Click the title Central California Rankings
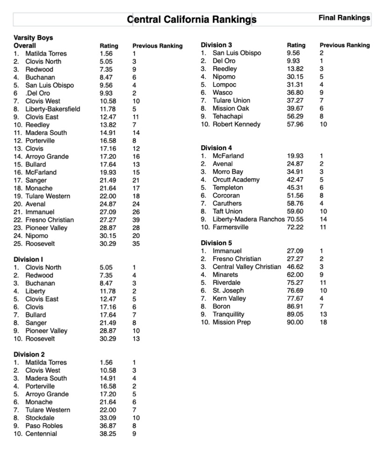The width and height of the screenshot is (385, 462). [192, 20]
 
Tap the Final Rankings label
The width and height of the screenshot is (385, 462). [344, 18]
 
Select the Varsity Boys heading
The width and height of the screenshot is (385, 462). [33, 38]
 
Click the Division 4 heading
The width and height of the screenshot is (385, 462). [216, 148]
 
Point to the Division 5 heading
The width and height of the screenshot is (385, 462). [216, 243]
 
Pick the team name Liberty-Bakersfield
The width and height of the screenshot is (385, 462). [53, 109]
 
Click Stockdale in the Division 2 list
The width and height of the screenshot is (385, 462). [40, 418]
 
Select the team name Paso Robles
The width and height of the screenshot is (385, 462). [44, 426]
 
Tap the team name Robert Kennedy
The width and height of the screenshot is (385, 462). [236, 125]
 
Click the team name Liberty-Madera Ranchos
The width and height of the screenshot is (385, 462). [248, 219]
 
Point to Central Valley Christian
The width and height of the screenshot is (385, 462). [247, 267]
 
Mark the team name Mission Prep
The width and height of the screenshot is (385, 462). [231, 322]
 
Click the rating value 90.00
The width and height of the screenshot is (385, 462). [294, 322]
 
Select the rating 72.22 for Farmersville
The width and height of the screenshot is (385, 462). [294, 227]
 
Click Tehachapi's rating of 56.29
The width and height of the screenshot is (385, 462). [294, 117]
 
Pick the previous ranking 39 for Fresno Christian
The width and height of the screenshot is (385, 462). [136, 220]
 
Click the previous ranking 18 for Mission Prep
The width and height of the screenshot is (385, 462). [323, 322]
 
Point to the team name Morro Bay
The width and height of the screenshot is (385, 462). [228, 172]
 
